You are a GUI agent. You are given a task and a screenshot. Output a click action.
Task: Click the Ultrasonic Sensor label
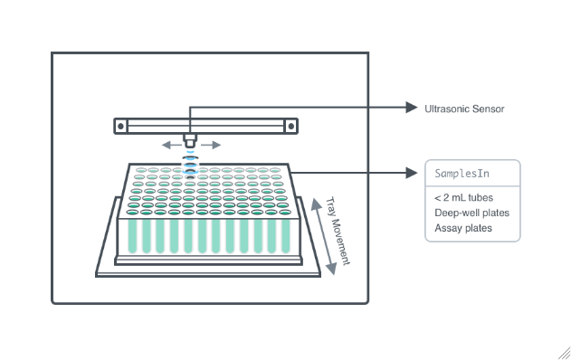(x=464, y=109)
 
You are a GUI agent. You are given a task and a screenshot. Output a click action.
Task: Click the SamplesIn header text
(x=462, y=174)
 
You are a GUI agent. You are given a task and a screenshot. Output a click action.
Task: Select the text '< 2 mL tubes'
(x=463, y=198)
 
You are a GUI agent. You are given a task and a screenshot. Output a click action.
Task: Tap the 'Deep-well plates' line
(x=472, y=213)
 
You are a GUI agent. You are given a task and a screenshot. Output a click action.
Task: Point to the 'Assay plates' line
(x=463, y=228)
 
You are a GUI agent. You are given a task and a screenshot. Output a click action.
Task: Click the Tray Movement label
(x=338, y=232)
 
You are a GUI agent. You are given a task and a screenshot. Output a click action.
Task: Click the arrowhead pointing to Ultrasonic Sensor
(x=412, y=108)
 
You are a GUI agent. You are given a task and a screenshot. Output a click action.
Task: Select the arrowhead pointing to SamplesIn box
(x=412, y=173)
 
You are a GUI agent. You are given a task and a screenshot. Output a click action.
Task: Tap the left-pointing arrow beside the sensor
(x=171, y=146)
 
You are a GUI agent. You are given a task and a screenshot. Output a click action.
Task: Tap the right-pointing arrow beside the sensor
(x=211, y=146)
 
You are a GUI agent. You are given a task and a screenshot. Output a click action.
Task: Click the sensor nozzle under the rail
(x=190, y=140)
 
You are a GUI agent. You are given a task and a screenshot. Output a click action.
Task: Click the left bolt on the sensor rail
(x=121, y=127)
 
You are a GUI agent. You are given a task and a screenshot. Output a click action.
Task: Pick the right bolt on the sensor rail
(x=291, y=127)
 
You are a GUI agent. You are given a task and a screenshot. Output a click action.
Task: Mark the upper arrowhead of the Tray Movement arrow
(x=315, y=204)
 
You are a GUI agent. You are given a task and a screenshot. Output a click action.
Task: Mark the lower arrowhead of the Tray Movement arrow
(x=331, y=269)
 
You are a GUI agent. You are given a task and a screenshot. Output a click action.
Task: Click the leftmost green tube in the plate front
(x=132, y=236)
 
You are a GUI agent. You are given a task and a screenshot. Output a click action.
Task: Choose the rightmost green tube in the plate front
(x=286, y=236)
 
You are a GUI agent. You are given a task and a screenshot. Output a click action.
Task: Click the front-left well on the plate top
(x=132, y=213)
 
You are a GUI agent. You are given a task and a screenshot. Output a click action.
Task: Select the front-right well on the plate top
(x=285, y=213)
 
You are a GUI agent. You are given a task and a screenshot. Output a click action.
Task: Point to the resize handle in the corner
(x=565, y=354)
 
